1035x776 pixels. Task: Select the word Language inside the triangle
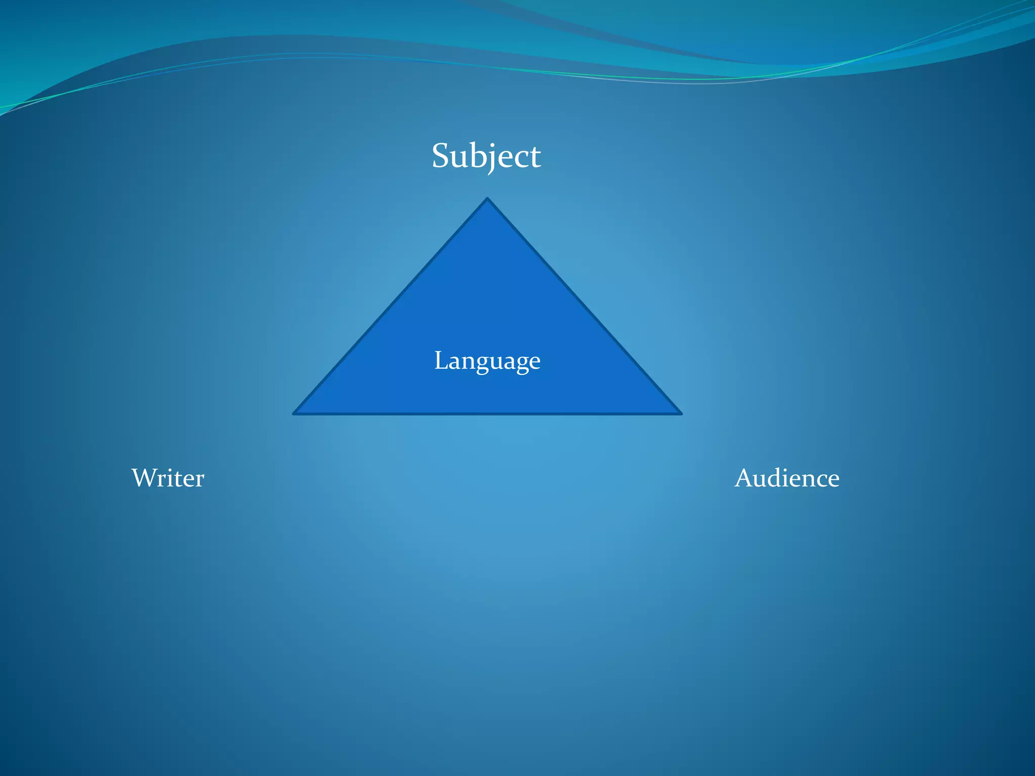pos(487,361)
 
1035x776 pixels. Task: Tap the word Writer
pos(168,478)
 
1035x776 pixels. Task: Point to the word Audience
pos(787,478)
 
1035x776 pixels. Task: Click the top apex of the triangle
pos(487,199)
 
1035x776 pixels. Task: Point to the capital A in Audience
pos(745,478)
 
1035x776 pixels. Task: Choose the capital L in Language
pos(441,361)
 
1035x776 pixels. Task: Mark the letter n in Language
pos(468,363)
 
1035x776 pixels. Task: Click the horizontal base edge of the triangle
pos(487,414)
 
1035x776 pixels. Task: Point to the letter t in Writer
pos(178,479)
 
